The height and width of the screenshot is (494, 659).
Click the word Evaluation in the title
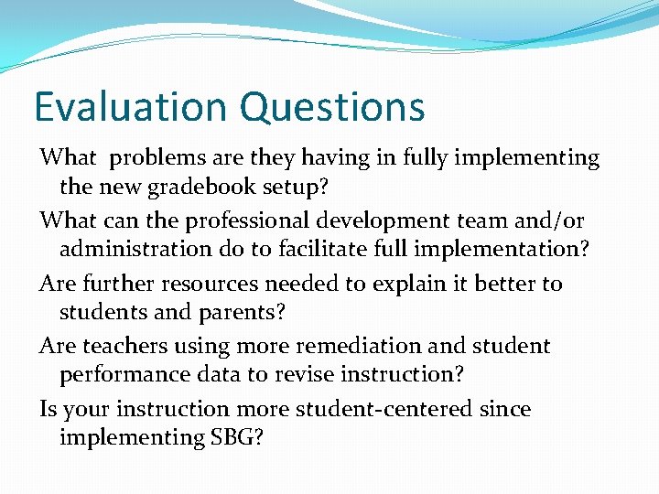(x=131, y=107)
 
